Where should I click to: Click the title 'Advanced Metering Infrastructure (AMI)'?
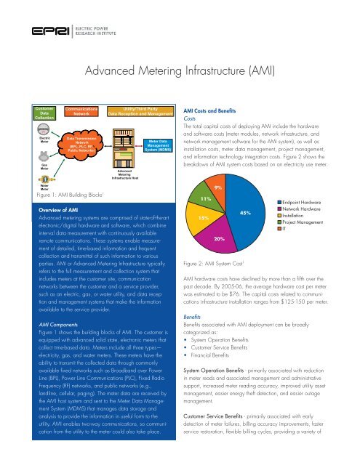[180, 72]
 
